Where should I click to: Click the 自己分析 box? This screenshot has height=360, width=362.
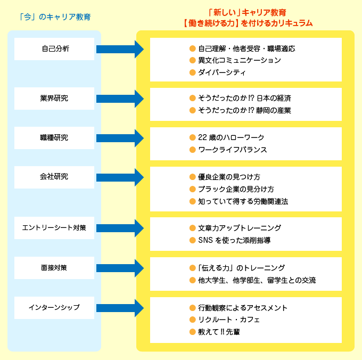click(54, 49)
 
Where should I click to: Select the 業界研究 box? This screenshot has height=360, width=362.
click(54, 98)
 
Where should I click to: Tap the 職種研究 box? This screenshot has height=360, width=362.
click(54, 137)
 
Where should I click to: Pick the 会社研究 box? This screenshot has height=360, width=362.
click(54, 177)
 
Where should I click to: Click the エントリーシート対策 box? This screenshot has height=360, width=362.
click(54, 227)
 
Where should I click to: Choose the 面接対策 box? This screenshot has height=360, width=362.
click(54, 267)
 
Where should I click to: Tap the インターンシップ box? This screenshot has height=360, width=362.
click(54, 307)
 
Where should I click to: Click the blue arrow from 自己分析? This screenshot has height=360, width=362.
click(120, 49)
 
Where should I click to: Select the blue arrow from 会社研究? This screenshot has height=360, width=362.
click(120, 177)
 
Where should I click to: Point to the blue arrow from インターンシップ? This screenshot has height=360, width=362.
click(120, 307)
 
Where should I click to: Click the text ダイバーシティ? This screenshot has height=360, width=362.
click(221, 72)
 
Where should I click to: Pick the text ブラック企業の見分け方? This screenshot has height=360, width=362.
click(236, 189)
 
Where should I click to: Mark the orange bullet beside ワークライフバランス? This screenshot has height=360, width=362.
click(193, 150)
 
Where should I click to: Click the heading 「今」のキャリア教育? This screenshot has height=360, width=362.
click(54, 17)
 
